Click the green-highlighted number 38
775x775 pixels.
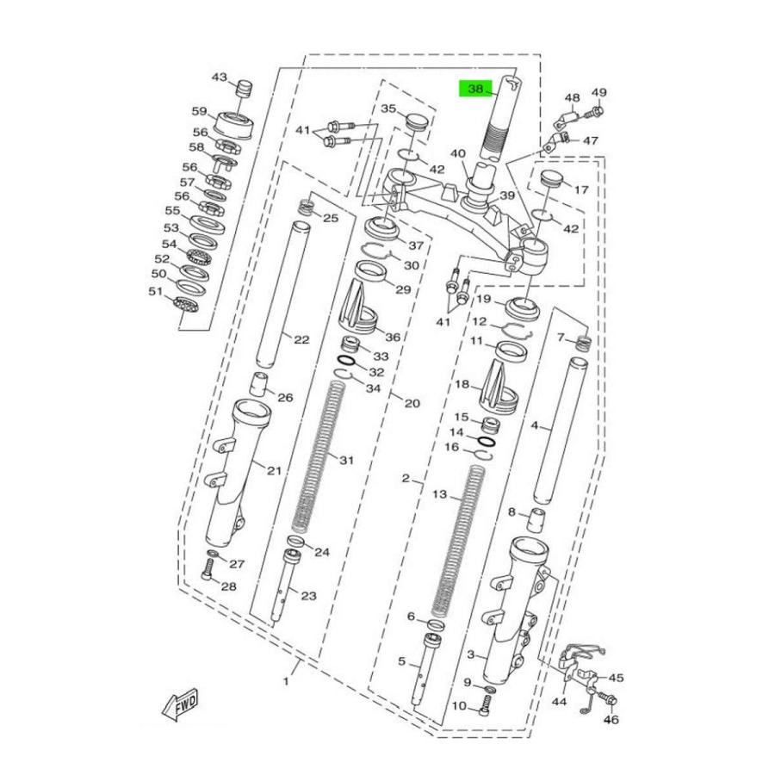[475, 89]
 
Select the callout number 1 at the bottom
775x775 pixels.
[285, 680]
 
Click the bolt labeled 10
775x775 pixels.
[487, 706]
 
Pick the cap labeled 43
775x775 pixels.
[245, 90]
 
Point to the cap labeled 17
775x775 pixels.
[550, 184]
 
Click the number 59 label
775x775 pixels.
[199, 111]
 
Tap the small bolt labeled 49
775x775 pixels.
[596, 111]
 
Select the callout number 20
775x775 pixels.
[412, 403]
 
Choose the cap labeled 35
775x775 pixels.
[416, 120]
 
